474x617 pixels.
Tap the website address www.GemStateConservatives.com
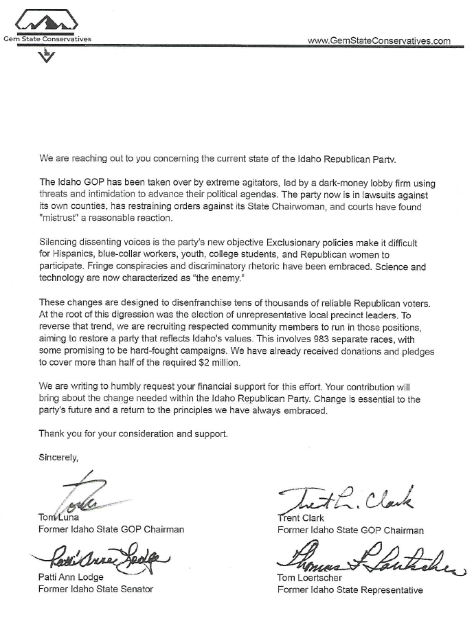(x=379, y=41)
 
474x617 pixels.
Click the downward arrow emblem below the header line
(x=45, y=57)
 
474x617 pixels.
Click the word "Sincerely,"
(x=58, y=456)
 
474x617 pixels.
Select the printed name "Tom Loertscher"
(x=309, y=578)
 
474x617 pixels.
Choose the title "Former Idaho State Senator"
(x=95, y=590)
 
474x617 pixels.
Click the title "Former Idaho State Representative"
(x=350, y=590)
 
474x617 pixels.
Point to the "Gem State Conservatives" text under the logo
(x=47, y=39)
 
